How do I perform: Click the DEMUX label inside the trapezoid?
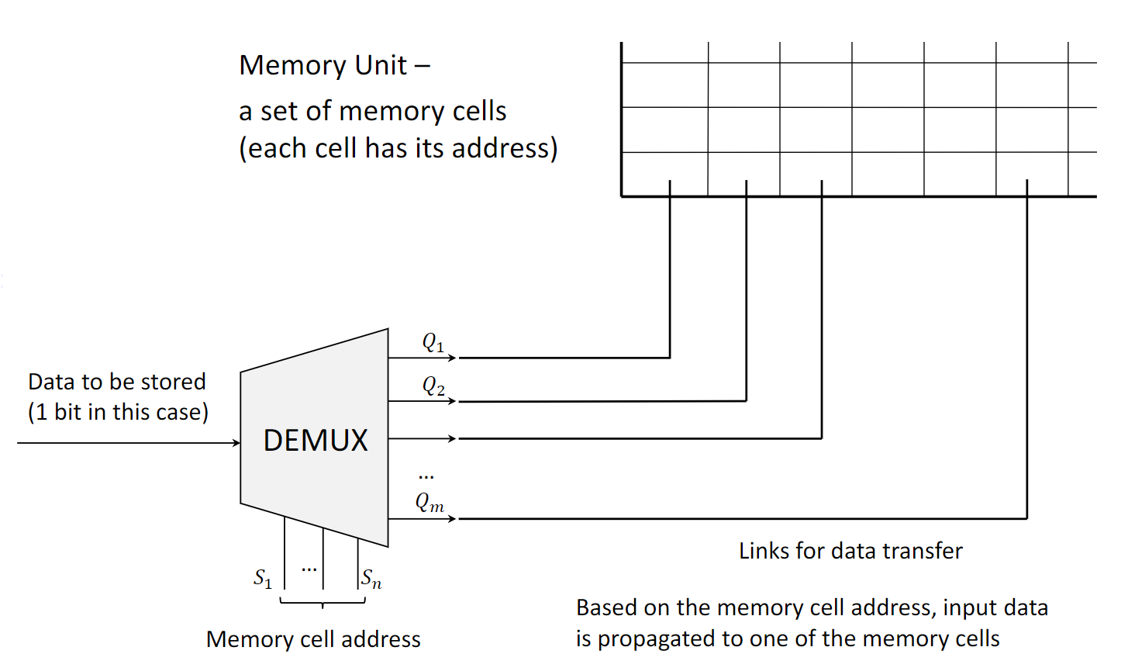316,441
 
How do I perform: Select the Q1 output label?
433,342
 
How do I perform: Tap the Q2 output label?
433,386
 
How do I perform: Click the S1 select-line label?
263,578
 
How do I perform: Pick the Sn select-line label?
371,578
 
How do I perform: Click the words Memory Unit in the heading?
323,65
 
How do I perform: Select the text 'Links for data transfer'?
850,551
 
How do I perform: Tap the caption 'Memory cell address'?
313,639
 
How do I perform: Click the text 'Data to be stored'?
117,382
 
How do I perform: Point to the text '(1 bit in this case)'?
119,412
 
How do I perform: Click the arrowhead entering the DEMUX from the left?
236,443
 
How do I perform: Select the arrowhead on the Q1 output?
453,358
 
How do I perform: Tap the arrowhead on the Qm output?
453,518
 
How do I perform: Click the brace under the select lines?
323,602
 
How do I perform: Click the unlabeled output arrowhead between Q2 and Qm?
453,438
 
